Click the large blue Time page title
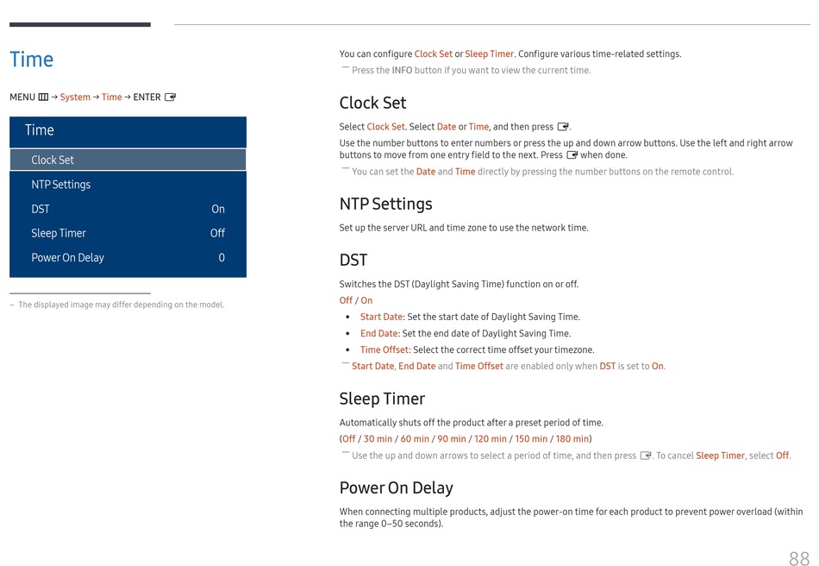pos(32,60)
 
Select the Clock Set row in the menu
pos(53,160)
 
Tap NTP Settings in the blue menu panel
pos(60,185)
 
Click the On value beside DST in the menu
pos(218,209)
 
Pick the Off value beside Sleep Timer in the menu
pos(217,233)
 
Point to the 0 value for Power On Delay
pos(222,257)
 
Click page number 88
pos(798,559)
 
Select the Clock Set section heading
pos(372,103)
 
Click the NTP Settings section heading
pos(385,204)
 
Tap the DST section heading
pos(353,261)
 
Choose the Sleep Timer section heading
pos(382,399)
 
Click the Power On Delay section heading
pos(396,488)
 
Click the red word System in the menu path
pos(75,97)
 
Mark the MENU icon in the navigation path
pos(43,97)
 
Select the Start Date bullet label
pos(381,317)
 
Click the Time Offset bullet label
pos(384,349)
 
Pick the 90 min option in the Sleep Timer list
pos(452,439)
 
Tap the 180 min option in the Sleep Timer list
pos(572,439)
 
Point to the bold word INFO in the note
pos(402,71)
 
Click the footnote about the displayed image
pos(121,305)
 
